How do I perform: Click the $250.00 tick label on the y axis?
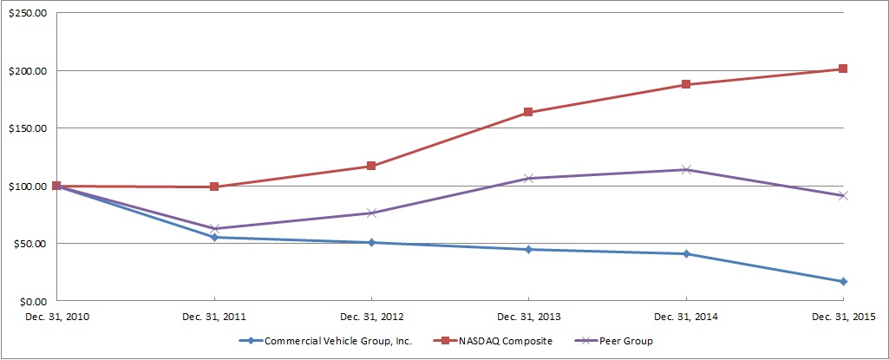(28, 13)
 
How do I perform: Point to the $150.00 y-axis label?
(28, 128)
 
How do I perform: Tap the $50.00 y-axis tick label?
(30, 244)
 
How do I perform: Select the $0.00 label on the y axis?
(32, 301)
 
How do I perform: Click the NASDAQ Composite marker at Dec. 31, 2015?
(842, 69)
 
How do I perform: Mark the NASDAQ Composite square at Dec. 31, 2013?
(528, 113)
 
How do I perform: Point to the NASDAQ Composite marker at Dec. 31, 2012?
(371, 166)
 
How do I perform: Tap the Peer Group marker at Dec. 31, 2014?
(685, 170)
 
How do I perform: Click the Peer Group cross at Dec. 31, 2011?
(214, 229)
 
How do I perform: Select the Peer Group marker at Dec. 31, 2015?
(842, 196)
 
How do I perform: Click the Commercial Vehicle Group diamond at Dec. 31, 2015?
(842, 281)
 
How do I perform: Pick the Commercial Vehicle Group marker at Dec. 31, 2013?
(528, 250)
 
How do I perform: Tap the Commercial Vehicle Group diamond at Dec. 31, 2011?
(214, 237)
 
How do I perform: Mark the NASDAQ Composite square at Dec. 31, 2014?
(685, 85)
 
